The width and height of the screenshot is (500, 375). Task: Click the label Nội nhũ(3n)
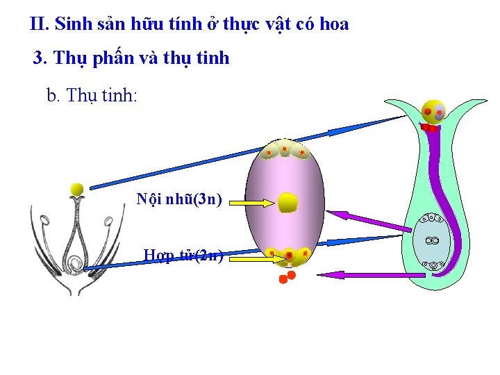pyautogui.click(x=179, y=200)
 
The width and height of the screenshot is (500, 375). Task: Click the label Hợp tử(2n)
pyautogui.click(x=183, y=255)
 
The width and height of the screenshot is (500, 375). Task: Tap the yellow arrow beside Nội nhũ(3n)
pyautogui.click(x=253, y=203)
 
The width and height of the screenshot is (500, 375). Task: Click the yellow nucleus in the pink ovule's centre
pyautogui.click(x=288, y=202)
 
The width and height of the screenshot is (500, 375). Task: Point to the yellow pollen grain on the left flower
pyautogui.click(x=77, y=189)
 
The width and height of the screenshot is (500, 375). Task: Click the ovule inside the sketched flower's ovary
pyautogui.click(x=74, y=263)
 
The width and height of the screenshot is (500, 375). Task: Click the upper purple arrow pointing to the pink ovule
pyautogui.click(x=378, y=221)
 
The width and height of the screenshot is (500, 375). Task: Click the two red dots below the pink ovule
pyautogui.click(x=287, y=277)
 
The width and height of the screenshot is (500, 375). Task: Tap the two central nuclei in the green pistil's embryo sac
pyautogui.click(x=432, y=240)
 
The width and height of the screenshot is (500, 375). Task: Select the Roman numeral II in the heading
pyautogui.click(x=39, y=24)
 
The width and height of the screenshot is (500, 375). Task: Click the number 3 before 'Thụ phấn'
pyautogui.click(x=39, y=58)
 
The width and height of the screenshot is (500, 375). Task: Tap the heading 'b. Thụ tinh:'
pyautogui.click(x=92, y=95)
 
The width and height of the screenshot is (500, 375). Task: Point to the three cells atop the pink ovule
pyautogui.click(x=285, y=150)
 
